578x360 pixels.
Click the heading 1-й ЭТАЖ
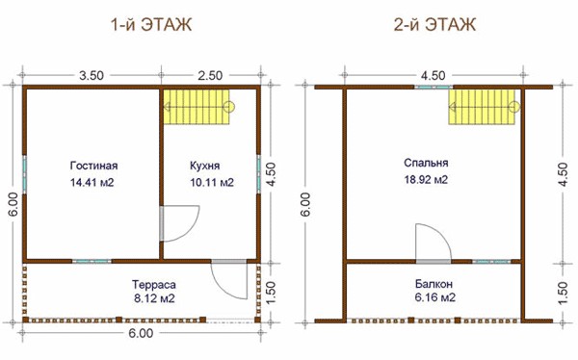pyautogui.click(x=151, y=25)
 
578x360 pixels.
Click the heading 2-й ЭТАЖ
pyautogui.click(x=434, y=25)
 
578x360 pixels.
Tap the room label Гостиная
pyautogui.click(x=93, y=166)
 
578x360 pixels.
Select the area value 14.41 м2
pyautogui.click(x=92, y=182)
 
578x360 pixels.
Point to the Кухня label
pyautogui.click(x=204, y=166)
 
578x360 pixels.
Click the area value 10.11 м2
pyautogui.click(x=212, y=182)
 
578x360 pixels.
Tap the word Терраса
pyautogui.click(x=154, y=285)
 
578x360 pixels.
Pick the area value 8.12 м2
pyautogui.click(x=154, y=298)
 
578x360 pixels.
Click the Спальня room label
pyautogui.click(x=426, y=163)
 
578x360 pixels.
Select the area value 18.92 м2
pyautogui.click(x=426, y=179)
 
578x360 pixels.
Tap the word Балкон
pyautogui.click(x=433, y=284)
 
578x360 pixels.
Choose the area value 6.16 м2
pyautogui.click(x=435, y=297)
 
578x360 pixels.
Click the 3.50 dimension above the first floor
pyautogui.click(x=92, y=75)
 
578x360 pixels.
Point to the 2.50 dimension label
pyautogui.click(x=210, y=75)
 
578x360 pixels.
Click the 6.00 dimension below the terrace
pyautogui.click(x=141, y=333)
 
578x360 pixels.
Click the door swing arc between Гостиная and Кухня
pyautogui.click(x=191, y=231)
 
